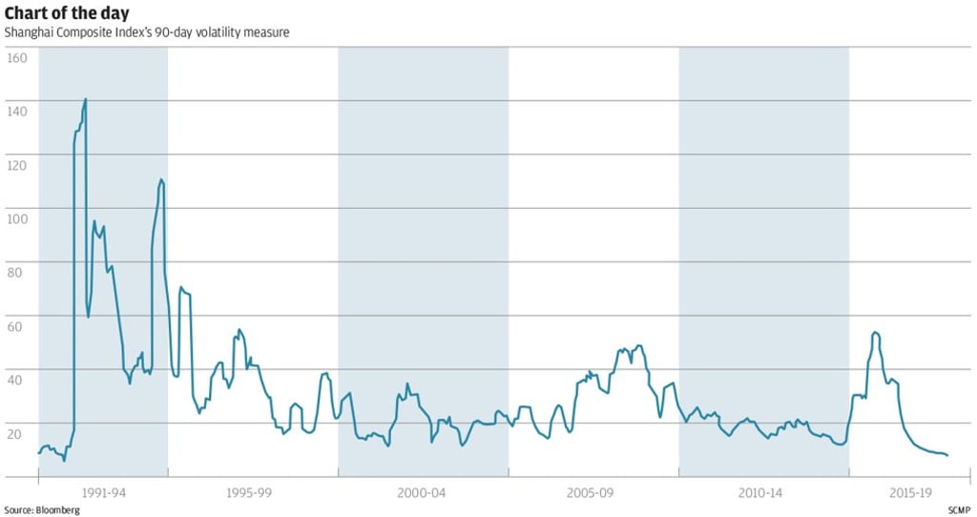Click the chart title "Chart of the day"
click(x=67, y=13)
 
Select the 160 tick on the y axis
click(x=17, y=57)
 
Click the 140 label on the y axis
click(x=17, y=111)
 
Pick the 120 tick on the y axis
click(x=17, y=164)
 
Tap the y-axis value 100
click(x=17, y=217)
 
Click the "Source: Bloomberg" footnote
click(x=42, y=510)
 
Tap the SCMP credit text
click(x=960, y=510)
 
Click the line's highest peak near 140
click(x=86, y=99)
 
